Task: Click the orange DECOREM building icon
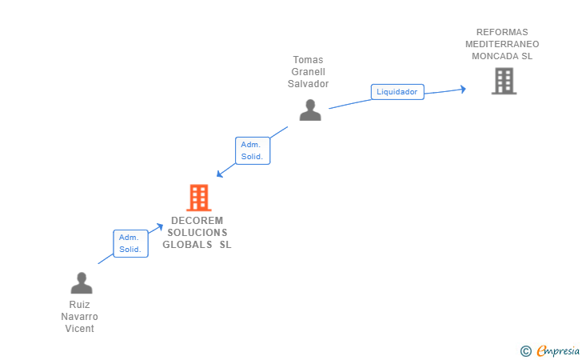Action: [198, 197]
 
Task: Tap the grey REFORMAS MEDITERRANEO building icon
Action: [504, 81]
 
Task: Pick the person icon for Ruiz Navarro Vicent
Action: [81, 283]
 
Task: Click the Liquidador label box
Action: [397, 92]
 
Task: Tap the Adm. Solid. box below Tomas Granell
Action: [252, 150]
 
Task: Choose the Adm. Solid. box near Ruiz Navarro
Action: [130, 243]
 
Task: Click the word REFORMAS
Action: [502, 33]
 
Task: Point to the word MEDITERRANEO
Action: [502, 45]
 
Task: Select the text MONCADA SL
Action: [502, 56]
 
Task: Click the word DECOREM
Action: [197, 221]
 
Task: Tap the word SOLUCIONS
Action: [197, 233]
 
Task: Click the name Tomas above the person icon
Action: [309, 60]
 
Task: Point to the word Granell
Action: [309, 72]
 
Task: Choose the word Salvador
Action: [309, 84]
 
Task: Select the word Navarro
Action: [80, 317]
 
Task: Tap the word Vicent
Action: [80, 329]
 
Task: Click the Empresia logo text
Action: [558, 350]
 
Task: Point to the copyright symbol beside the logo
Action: [526, 350]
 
